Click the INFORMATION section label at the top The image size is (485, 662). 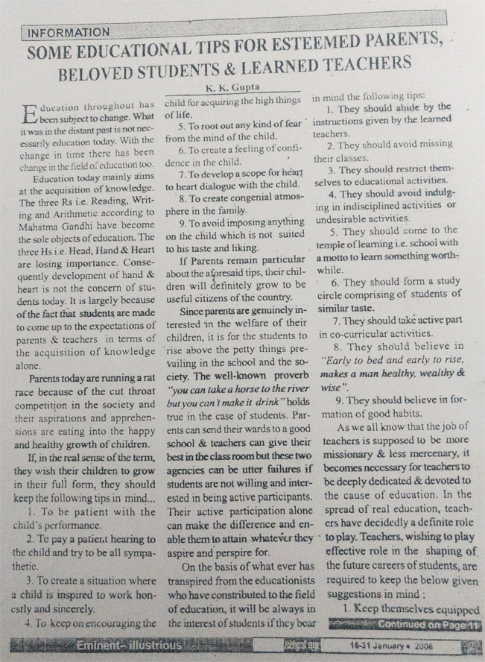(x=66, y=33)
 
